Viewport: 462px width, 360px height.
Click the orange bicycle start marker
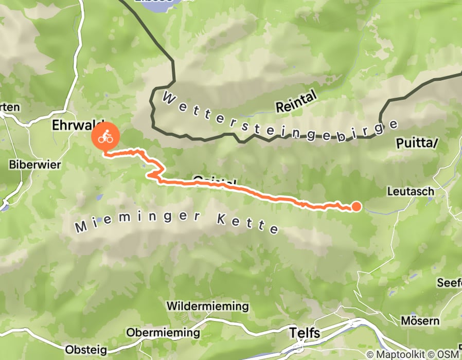click(x=106, y=137)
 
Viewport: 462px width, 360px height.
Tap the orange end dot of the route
click(x=356, y=207)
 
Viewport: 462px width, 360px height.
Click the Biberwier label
click(x=35, y=165)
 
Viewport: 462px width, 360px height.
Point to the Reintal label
click(x=298, y=107)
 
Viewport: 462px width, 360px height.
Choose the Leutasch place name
click(x=410, y=191)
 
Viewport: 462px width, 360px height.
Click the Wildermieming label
click(x=207, y=307)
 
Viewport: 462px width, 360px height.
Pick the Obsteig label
click(x=86, y=350)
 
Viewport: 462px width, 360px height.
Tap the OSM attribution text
click(x=447, y=355)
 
